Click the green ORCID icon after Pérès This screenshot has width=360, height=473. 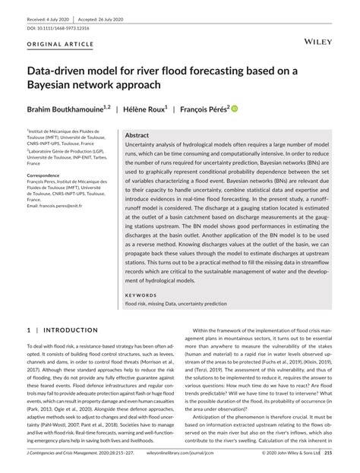point(256,108)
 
